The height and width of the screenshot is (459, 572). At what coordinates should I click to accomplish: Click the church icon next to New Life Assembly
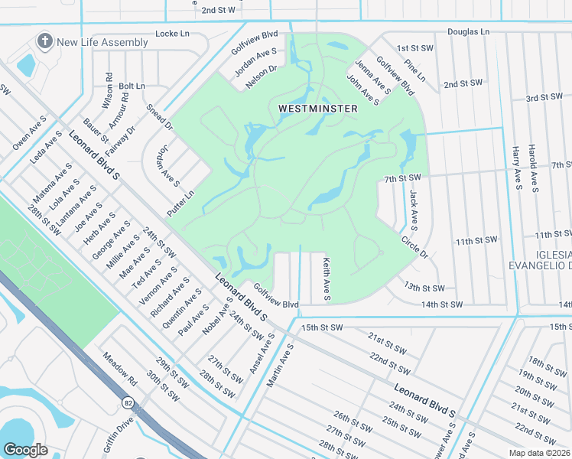[45, 41]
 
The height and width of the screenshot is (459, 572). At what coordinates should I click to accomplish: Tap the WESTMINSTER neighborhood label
[317, 109]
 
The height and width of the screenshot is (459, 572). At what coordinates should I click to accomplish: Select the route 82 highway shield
[127, 401]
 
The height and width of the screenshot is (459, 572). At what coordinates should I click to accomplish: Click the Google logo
[26, 449]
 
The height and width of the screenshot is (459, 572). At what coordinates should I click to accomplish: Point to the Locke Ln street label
[172, 34]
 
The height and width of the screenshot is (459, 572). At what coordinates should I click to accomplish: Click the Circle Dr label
[414, 246]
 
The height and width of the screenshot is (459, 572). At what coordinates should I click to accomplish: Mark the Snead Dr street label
[160, 117]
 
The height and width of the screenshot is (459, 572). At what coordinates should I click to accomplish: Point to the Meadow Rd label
[120, 369]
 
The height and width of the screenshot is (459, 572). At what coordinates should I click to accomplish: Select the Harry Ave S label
[516, 166]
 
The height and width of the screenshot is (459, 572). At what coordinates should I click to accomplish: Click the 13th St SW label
[424, 288]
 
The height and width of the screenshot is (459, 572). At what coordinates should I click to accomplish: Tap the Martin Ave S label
[281, 364]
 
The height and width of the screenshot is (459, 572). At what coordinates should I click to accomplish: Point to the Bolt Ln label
[132, 86]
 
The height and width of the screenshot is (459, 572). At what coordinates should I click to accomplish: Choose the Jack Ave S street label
[413, 210]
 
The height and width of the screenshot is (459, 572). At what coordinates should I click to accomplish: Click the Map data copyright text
[541, 452]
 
